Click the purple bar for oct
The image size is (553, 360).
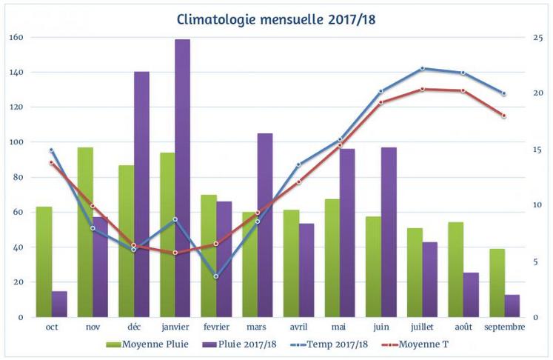click(x=59, y=304)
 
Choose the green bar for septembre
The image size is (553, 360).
click(x=497, y=283)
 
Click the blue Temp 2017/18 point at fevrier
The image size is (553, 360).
click(x=216, y=276)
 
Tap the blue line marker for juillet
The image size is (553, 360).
click(x=423, y=68)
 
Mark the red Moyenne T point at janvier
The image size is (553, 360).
click(x=175, y=253)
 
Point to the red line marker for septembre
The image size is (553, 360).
click(x=504, y=116)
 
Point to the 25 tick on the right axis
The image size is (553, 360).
click(x=537, y=37)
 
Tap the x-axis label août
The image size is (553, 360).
click(x=463, y=327)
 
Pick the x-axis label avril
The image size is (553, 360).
click(x=299, y=327)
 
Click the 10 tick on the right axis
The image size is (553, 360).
click(x=537, y=205)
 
